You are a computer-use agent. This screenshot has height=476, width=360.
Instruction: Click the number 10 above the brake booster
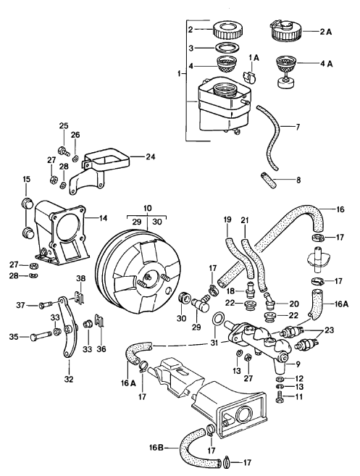tap(147, 208)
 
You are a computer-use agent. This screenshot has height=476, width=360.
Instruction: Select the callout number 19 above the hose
tap(227, 218)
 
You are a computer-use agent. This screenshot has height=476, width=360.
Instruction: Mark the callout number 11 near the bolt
tap(300, 396)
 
